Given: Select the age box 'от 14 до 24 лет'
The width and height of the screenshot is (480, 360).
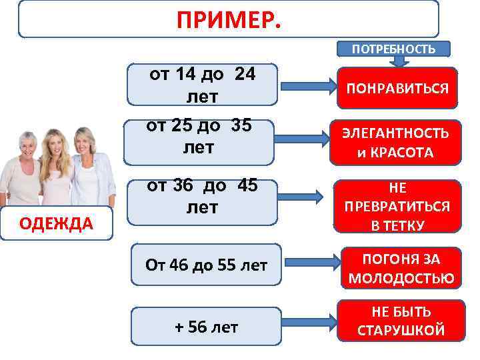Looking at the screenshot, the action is pos(202,85).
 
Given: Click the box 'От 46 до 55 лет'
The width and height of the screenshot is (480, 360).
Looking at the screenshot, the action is pos(206,265).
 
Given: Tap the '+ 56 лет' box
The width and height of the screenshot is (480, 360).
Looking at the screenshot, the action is pos(206,327).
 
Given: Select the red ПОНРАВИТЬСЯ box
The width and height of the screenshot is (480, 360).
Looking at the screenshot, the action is pos(397,87).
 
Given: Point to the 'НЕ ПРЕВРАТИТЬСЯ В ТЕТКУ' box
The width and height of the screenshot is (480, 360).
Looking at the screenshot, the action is pos(397,206).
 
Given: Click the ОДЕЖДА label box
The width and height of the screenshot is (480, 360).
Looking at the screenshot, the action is pos(57,223).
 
